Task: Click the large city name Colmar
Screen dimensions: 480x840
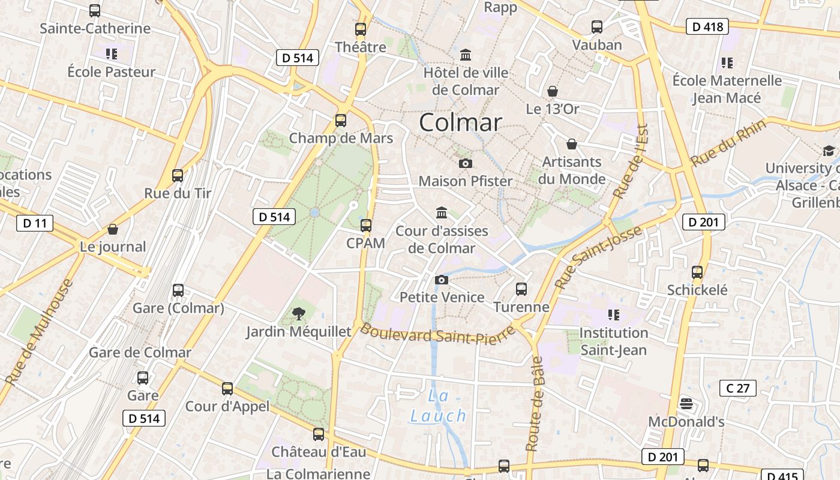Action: tap(460, 122)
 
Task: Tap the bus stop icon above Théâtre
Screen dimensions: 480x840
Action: tap(361, 29)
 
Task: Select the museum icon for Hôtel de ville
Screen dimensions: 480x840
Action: tap(465, 55)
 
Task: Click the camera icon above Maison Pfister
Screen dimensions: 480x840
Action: tap(465, 163)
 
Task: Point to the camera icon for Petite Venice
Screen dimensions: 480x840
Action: tap(442, 280)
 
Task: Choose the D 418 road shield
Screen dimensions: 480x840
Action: tap(707, 26)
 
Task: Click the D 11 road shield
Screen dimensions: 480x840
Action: tap(35, 224)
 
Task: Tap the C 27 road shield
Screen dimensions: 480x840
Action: tap(738, 388)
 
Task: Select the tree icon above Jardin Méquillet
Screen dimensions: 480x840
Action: tap(298, 313)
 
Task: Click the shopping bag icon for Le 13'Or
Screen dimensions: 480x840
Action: tap(553, 91)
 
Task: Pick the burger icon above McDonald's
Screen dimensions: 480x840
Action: tap(686, 404)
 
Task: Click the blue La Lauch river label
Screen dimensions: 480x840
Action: tap(438, 406)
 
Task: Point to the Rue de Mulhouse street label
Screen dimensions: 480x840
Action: tap(39, 332)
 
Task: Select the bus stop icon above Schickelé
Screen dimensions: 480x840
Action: tap(697, 272)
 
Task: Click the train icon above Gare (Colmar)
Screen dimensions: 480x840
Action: tap(178, 290)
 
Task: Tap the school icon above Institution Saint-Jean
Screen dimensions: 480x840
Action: tap(613, 314)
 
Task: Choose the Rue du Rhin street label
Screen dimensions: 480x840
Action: tap(728, 143)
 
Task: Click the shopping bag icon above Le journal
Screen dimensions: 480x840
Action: tap(113, 229)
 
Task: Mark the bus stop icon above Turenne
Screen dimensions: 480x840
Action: tap(521, 289)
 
